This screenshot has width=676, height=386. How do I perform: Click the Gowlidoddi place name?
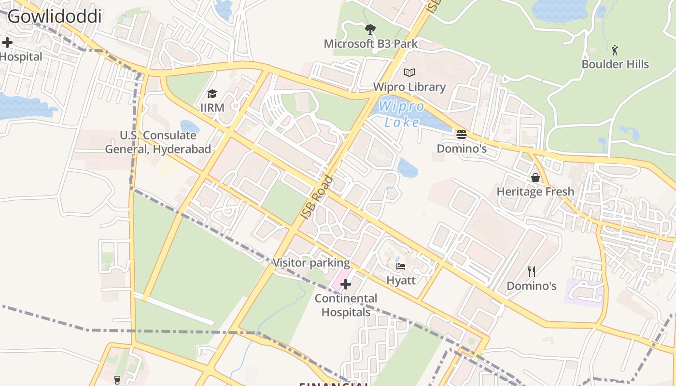coord(54,16)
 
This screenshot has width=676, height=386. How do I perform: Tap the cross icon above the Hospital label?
coord(7,42)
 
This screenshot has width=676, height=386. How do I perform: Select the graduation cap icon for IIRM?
coord(212,94)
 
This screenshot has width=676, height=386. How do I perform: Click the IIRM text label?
coord(212,107)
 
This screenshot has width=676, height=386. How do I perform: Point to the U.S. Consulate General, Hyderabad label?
coord(158,142)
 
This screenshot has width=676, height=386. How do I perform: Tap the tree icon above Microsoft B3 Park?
coord(370,30)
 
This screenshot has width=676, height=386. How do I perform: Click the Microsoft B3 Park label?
coord(371,43)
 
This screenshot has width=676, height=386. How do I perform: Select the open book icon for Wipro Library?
coord(409,73)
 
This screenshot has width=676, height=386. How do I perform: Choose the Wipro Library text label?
coord(409,87)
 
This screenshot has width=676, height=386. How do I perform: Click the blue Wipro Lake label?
coord(402,114)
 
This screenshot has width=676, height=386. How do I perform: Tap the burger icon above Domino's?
coord(462,135)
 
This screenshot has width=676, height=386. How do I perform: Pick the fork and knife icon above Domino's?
coord(532,272)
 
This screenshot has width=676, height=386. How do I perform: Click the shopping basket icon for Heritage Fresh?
coord(535,178)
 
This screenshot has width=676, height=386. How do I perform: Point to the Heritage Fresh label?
coord(535,192)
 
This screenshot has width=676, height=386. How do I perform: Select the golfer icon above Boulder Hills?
coord(615,50)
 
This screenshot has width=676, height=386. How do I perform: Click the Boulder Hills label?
coord(615,64)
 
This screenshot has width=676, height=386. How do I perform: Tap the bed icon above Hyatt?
coord(401,266)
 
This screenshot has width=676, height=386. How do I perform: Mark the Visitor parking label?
coord(311,263)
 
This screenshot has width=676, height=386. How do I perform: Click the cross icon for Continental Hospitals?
coord(346,284)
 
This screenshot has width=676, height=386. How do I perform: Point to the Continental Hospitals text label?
coord(346,305)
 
